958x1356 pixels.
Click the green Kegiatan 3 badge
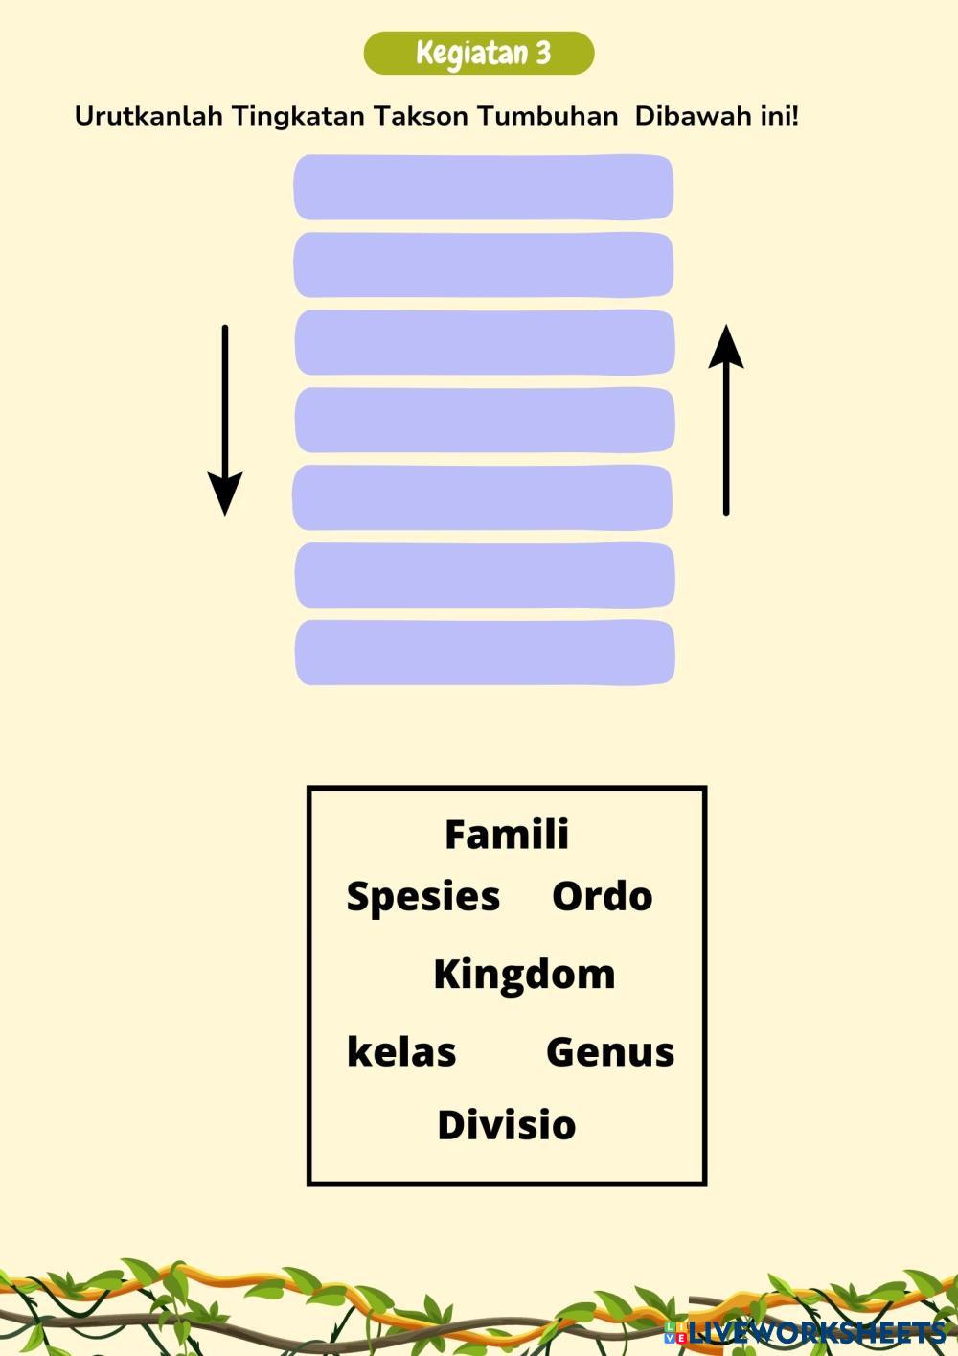(479, 54)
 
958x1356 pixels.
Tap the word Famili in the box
(507, 835)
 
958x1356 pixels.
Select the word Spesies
(422, 897)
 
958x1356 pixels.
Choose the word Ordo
(602, 897)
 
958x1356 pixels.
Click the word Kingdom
(524, 975)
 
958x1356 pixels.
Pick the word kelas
(400, 1052)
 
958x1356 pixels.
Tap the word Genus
(610, 1052)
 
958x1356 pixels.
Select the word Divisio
(506, 1125)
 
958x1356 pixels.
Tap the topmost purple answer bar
(484, 187)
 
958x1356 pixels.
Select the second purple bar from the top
(484, 264)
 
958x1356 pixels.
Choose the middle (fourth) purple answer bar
(484, 420)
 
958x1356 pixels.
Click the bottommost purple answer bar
(484, 653)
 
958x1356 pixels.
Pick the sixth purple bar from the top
(484, 575)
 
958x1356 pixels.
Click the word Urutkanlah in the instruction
(148, 117)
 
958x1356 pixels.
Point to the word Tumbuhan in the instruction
(548, 117)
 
